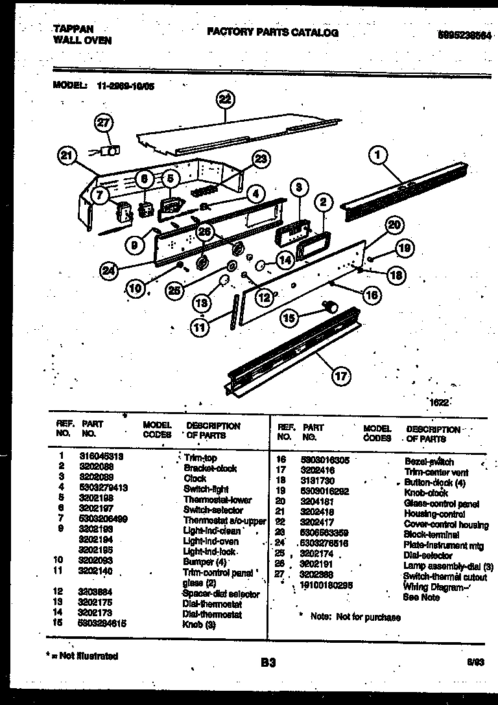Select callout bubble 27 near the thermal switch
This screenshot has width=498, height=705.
tap(104, 123)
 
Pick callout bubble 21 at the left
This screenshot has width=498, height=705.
tap(67, 155)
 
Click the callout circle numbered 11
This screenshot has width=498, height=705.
tap(202, 328)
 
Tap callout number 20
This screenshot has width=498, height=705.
tap(394, 225)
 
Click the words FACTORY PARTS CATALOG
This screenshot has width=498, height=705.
tap(272, 32)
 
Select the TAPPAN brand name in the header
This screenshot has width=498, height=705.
tap(72, 29)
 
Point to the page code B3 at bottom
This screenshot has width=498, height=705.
tap(268, 662)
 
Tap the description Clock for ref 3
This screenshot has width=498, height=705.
tap(195, 478)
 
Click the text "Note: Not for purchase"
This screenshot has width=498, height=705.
tap(355, 617)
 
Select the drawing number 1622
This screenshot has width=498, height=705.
tap(438, 402)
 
